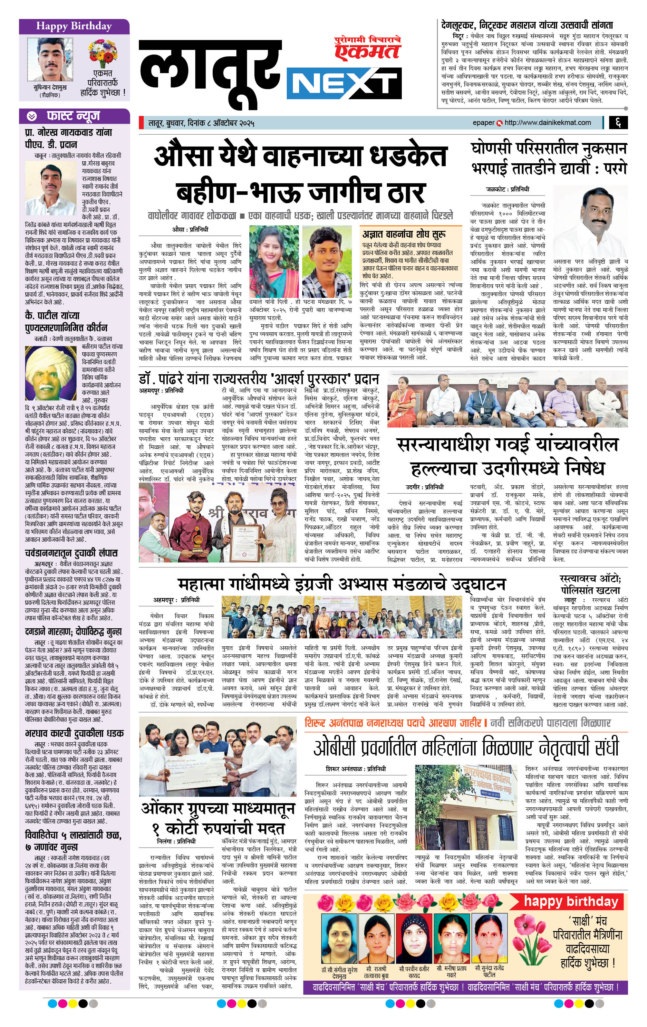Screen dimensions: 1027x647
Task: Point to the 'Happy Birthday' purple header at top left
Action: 74,26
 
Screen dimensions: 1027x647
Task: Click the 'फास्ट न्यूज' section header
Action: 73,116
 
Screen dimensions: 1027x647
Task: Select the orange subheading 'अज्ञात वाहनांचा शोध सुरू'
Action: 404,234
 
